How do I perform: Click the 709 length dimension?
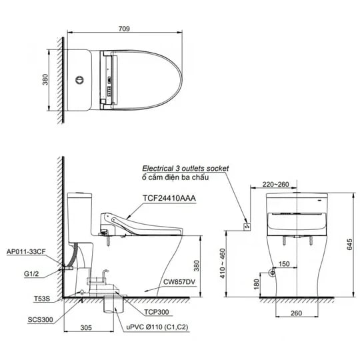[x=123, y=29]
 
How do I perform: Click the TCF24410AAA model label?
[x=169, y=198]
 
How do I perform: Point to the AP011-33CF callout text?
[x=25, y=252]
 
